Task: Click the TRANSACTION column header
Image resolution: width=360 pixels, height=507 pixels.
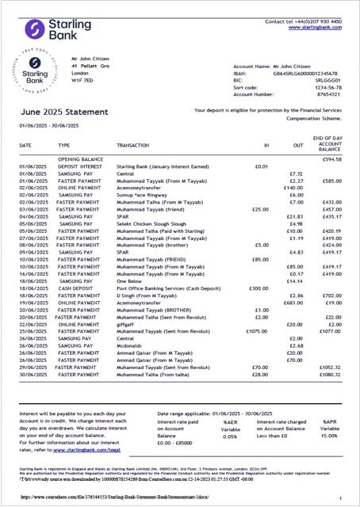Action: (135, 146)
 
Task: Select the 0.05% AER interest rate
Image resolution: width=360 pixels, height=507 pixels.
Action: (230, 436)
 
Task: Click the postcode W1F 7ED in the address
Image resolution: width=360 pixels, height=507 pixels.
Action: (82, 79)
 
